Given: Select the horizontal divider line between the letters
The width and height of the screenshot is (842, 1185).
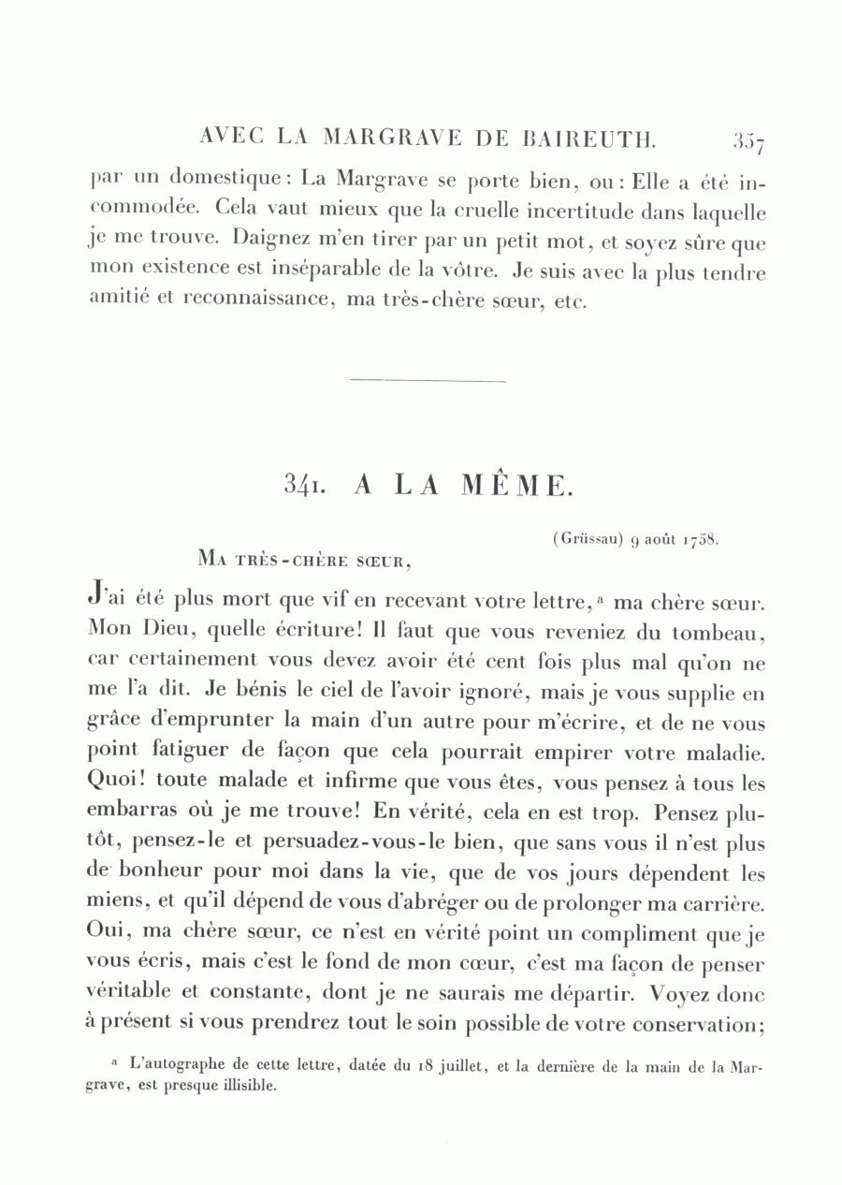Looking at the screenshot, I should pyautogui.click(x=427, y=381).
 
